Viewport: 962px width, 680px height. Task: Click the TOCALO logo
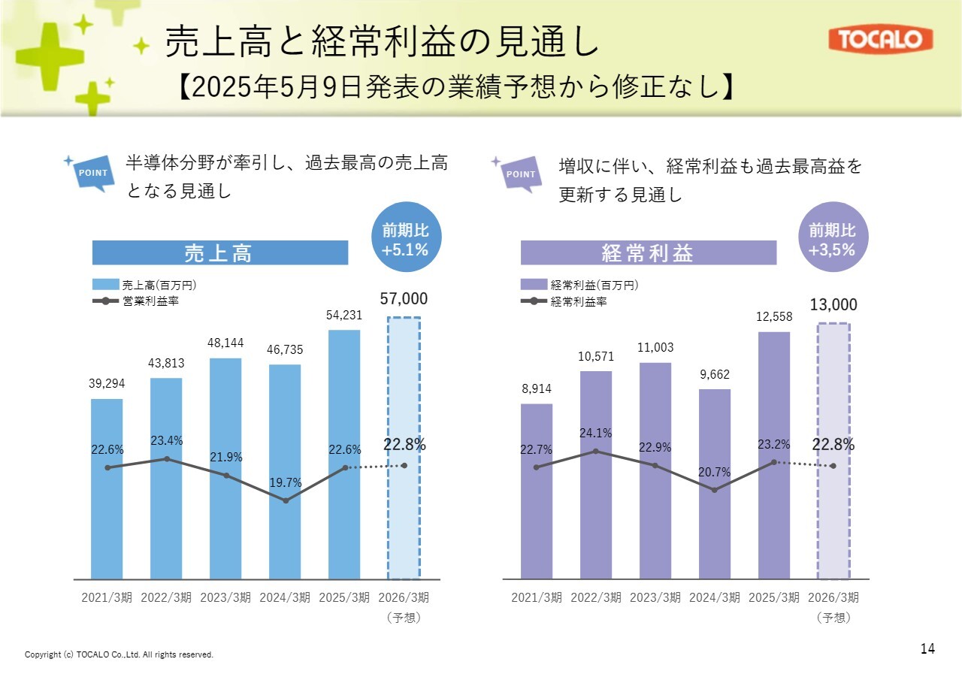pos(880,40)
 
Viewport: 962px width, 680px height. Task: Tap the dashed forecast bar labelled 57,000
pos(404,448)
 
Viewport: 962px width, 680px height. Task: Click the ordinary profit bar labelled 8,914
pos(537,491)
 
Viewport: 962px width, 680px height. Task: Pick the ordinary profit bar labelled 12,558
pos(774,455)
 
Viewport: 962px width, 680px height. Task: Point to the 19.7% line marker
pos(286,500)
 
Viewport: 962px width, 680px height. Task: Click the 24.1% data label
pos(595,433)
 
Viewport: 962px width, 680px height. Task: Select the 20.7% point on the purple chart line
pos(714,490)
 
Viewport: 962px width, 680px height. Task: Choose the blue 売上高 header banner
pos(219,253)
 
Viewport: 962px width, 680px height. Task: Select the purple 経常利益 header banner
pos(648,253)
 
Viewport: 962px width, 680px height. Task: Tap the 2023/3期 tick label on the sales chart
pos(225,598)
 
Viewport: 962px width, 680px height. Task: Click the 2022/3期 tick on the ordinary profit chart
pos(596,598)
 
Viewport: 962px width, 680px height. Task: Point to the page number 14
pos(927,648)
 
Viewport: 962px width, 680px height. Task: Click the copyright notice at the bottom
pos(119,654)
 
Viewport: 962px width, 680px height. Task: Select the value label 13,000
pos(833,304)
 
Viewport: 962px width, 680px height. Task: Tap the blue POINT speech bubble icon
pos(93,173)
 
